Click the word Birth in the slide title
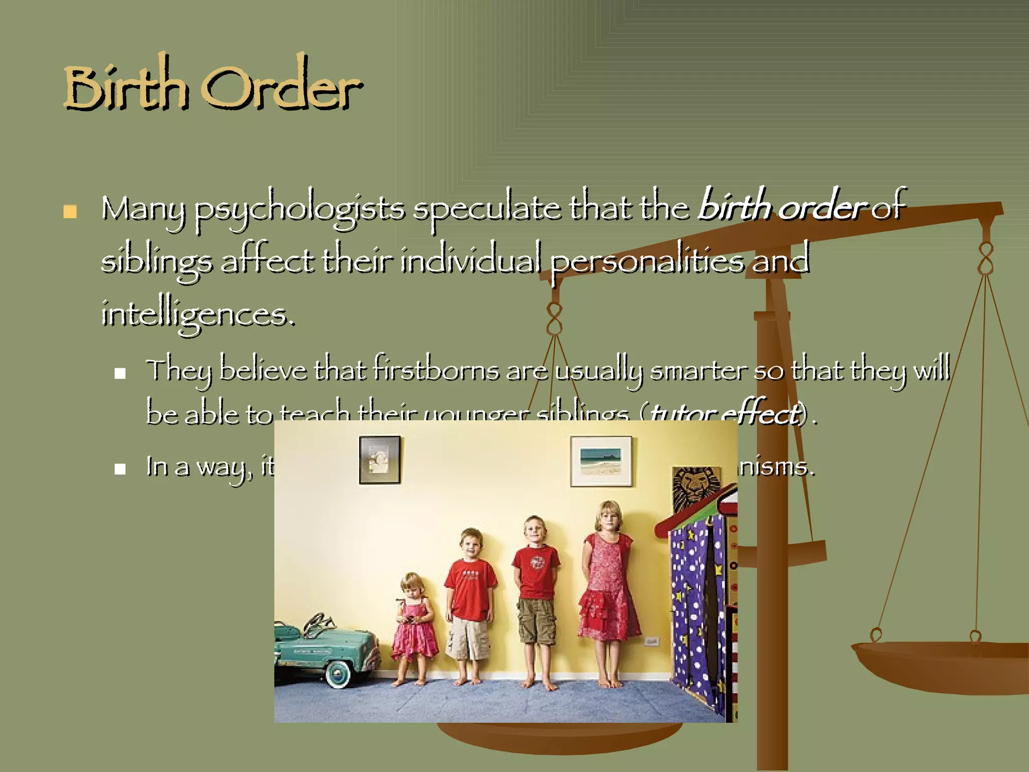tap(126, 85)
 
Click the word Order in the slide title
tap(281, 85)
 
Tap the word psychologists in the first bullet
tap(299, 209)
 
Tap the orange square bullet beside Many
tap(70, 212)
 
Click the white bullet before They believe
tap(120, 373)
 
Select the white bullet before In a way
tap(120, 469)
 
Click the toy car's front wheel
tap(338, 672)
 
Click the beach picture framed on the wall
tap(601, 461)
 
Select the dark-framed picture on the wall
tap(379, 460)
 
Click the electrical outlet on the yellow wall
tap(651, 641)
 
